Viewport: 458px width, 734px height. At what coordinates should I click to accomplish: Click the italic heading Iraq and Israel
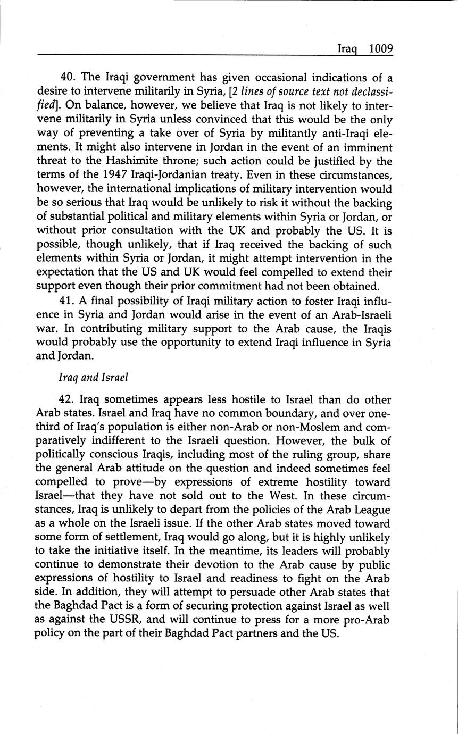93,378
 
